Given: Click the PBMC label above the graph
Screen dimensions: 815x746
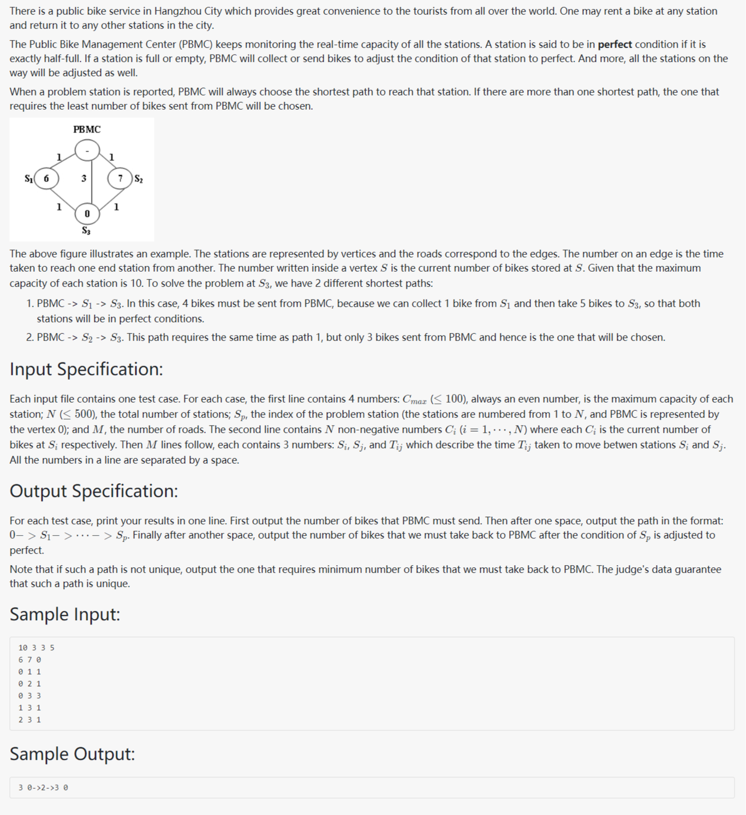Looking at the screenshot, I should click(x=87, y=129).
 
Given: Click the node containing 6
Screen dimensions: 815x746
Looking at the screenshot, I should click(x=46, y=178).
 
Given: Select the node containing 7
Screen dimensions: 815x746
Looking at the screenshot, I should click(x=120, y=178).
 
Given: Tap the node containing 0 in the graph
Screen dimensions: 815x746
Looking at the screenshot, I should click(x=87, y=214).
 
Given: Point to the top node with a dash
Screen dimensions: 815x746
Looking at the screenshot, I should click(x=87, y=150).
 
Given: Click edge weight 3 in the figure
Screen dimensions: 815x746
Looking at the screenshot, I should click(x=83, y=178).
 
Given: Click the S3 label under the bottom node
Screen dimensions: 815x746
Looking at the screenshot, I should click(x=86, y=231).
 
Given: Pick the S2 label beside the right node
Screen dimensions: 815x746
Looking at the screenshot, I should click(x=139, y=179).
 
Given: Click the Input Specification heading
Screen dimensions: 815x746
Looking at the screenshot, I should click(x=86, y=369).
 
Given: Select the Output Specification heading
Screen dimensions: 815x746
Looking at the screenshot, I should click(x=94, y=491).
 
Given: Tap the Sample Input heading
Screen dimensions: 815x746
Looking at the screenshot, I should click(x=64, y=614).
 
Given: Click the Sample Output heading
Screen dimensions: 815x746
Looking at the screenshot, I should click(x=72, y=754).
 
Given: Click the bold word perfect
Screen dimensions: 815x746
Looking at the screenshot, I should click(x=614, y=44).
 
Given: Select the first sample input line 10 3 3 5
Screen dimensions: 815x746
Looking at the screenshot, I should click(x=36, y=648).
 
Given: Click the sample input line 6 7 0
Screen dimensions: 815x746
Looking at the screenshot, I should click(x=29, y=660).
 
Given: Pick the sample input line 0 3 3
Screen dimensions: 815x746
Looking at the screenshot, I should click(x=29, y=696).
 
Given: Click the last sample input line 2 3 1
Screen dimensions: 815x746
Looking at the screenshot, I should click(x=29, y=720).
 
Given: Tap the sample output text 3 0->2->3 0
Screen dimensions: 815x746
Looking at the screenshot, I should click(x=43, y=787).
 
